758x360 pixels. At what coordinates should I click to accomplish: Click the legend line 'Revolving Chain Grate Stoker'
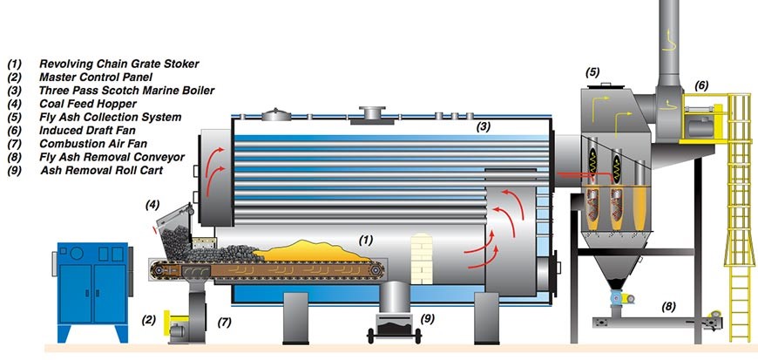(x=118, y=65)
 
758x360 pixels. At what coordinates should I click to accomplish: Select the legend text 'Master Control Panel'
(x=95, y=78)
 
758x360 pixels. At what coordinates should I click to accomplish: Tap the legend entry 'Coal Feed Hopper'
(x=87, y=104)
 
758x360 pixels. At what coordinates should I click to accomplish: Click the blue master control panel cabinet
(x=89, y=276)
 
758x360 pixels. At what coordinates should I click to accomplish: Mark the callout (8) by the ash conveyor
(x=668, y=305)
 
